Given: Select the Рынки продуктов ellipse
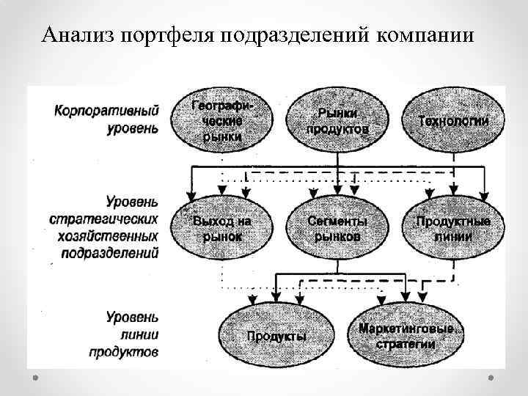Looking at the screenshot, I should pyautogui.click(x=337, y=120).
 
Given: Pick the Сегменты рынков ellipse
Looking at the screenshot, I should pyautogui.click(x=337, y=228).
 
